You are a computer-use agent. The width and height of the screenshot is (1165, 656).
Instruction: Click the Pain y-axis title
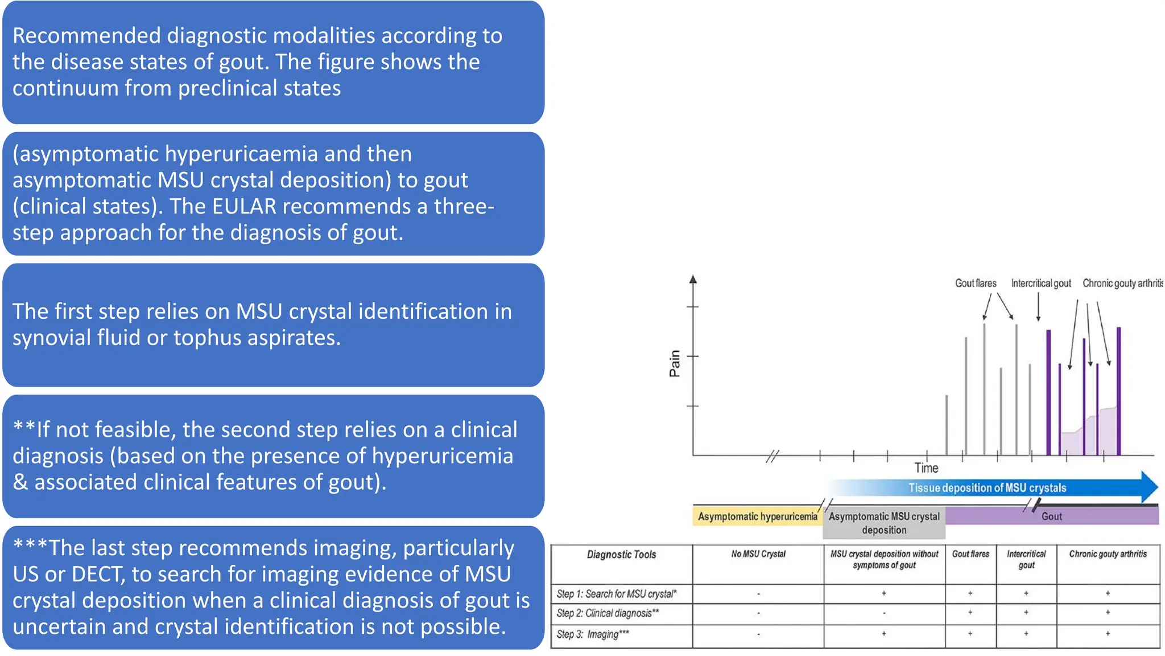tap(675, 363)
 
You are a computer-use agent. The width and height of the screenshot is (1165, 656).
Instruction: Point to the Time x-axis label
tap(926, 468)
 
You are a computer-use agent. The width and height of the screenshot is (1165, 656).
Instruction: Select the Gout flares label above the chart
tap(976, 283)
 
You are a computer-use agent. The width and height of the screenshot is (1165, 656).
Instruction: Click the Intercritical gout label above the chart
tap(1040, 283)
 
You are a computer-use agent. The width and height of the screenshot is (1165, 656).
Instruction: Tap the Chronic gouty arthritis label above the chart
tap(1122, 283)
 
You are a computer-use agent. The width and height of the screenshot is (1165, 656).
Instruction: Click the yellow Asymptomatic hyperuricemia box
tap(757, 516)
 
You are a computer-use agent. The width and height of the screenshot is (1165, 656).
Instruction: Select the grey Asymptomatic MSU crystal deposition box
tap(884, 523)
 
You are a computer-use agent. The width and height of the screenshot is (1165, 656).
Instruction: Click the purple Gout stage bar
tap(1051, 516)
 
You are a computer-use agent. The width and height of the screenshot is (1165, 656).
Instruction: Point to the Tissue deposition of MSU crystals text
tap(987, 488)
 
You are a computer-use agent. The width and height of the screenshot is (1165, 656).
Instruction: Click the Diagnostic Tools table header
tap(621, 555)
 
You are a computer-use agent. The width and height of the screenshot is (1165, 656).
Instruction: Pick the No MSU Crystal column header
tap(758, 554)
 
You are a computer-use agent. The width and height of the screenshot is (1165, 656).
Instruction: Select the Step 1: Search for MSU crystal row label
tap(617, 594)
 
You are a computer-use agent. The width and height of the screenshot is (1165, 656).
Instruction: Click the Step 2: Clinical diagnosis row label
tap(608, 613)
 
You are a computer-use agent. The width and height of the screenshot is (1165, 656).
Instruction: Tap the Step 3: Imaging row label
tap(593, 634)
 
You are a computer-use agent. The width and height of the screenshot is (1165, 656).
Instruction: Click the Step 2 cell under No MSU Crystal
tap(758, 614)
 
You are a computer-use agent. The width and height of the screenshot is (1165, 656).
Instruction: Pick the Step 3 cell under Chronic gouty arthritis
tap(1108, 634)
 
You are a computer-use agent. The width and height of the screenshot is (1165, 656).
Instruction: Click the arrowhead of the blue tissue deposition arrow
tap(1149, 487)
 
